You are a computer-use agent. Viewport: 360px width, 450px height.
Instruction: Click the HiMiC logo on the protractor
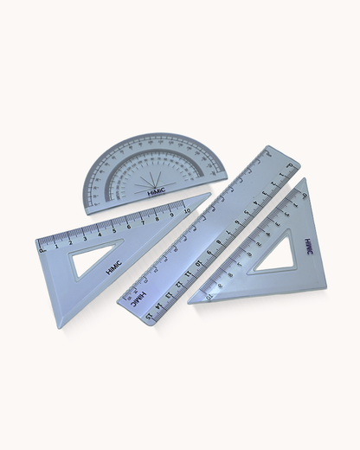tap(157, 191)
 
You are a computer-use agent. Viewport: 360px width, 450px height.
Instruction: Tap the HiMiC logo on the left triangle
tap(114, 267)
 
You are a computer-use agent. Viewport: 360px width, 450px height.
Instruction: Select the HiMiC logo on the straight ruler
tap(138, 299)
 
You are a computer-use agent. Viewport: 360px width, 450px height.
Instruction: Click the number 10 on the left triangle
tap(186, 211)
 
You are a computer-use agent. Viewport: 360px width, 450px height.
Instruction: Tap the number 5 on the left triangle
tap(112, 231)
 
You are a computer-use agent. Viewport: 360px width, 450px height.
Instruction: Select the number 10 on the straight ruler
tap(198, 264)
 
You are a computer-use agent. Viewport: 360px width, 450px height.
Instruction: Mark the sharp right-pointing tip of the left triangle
tap(210, 195)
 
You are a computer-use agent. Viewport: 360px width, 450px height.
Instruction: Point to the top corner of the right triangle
tap(305, 179)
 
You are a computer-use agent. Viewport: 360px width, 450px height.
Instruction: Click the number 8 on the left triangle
tap(157, 219)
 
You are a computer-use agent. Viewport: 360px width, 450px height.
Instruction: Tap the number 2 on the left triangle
tap(70, 242)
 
